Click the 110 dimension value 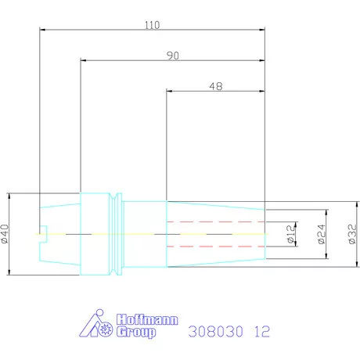(x=152, y=25)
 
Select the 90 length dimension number (x=171, y=55)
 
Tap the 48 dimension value (x=216, y=87)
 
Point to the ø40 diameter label (x=6, y=233)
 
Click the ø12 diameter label (x=290, y=234)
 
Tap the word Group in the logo (x=134, y=332)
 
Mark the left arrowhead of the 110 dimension (x=42, y=31)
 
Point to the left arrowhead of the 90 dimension (x=83, y=60)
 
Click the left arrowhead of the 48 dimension (x=170, y=92)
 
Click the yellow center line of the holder (x=157, y=233)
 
